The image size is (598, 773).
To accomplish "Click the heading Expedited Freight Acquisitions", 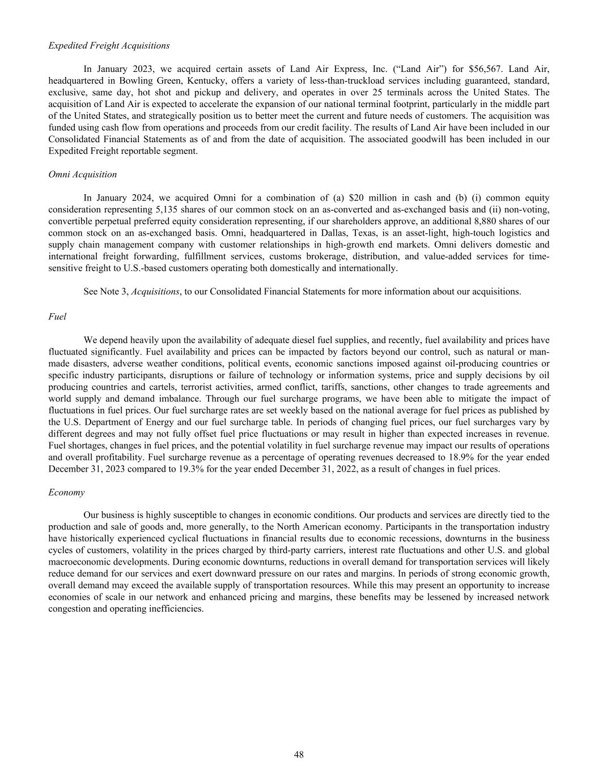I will (x=109, y=45).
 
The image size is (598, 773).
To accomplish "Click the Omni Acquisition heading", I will (x=83, y=174).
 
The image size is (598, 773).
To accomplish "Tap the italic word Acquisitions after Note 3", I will (x=155, y=292).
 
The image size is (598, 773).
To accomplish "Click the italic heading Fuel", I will (x=57, y=317).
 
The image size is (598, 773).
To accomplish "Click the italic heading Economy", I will (x=67, y=493).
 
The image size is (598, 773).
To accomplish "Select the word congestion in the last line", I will (x=70, y=609).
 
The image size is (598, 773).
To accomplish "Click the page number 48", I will (x=299, y=754).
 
